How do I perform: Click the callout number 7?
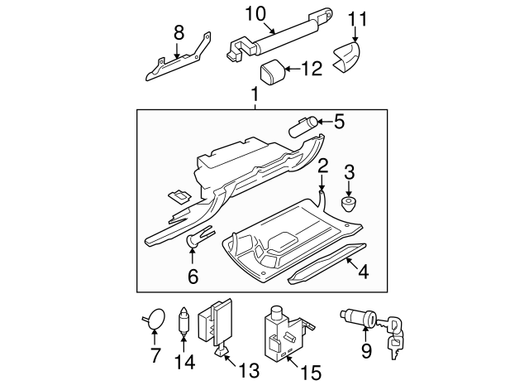(x=154, y=357)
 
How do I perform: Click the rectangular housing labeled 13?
(x=222, y=323)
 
